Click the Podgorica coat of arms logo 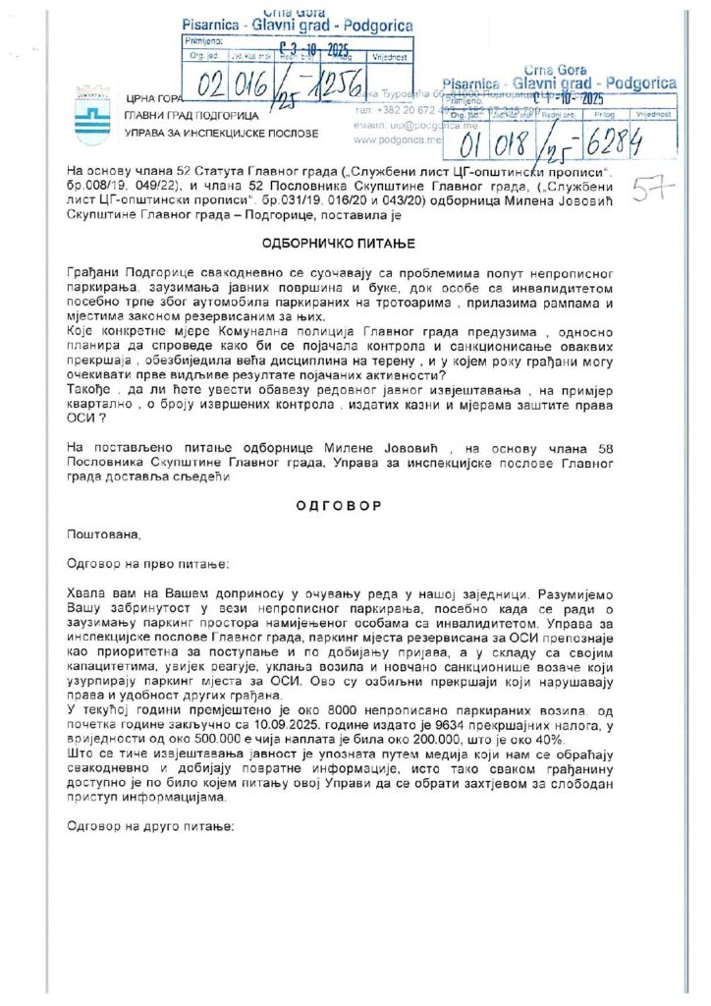tap(89, 105)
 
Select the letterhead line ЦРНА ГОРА tap(155, 98)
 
